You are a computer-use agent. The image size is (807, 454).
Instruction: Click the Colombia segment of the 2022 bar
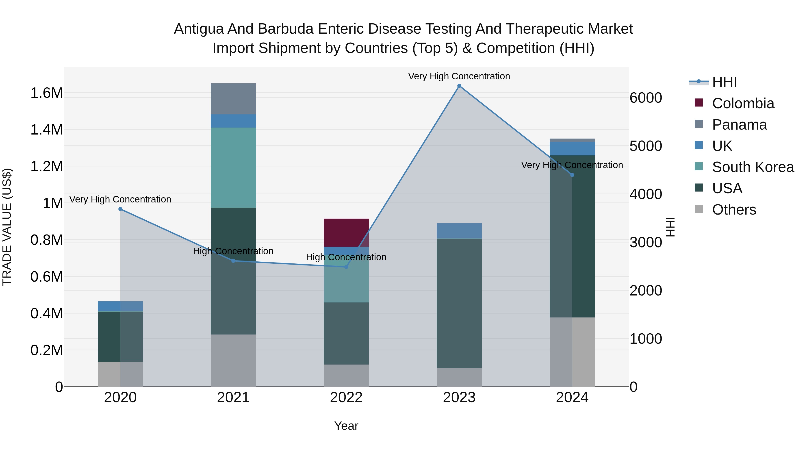click(346, 232)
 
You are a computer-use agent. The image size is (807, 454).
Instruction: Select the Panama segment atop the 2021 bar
click(233, 98)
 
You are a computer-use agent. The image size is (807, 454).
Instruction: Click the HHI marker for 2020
click(120, 209)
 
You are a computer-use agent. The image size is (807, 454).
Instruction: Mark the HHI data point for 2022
click(346, 267)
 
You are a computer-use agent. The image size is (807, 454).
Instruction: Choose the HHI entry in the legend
click(724, 82)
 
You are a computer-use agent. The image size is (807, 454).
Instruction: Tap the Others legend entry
click(734, 210)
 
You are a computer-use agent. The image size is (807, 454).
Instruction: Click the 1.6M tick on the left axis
click(46, 93)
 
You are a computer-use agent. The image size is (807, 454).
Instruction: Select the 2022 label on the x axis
click(346, 398)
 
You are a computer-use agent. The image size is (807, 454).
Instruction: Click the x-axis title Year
click(346, 426)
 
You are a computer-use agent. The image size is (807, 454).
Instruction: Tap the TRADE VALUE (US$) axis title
click(7, 227)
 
